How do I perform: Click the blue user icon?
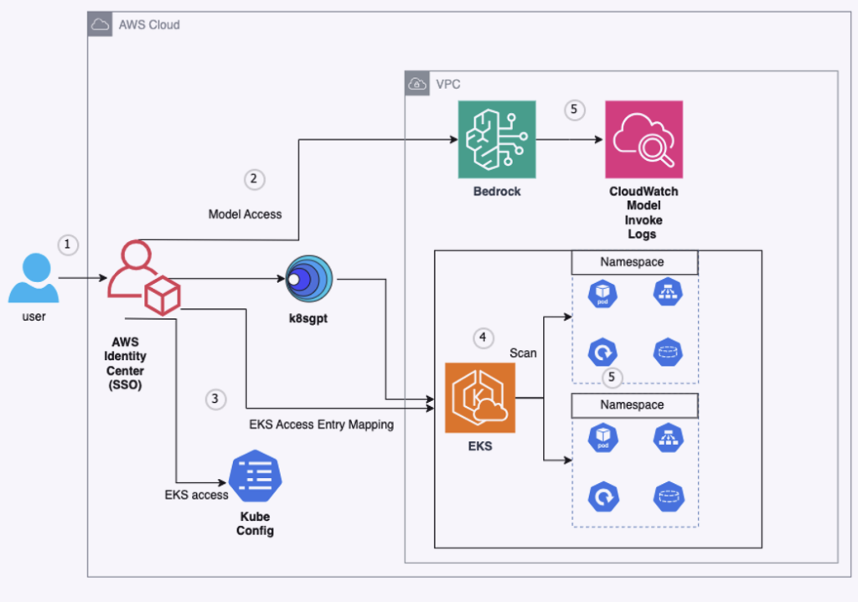[x=34, y=280]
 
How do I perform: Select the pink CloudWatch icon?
[x=643, y=140]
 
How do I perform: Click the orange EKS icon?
[x=480, y=398]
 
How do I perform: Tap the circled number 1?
[x=68, y=244]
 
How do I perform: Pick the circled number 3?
[x=215, y=399]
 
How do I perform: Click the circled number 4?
[x=483, y=338]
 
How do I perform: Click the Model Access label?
[x=245, y=214]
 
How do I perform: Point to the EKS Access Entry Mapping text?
[x=321, y=424]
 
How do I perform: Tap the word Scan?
[x=523, y=353]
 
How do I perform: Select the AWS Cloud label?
[x=149, y=25]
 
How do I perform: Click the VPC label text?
[x=447, y=84]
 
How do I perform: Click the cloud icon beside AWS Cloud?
[x=100, y=25]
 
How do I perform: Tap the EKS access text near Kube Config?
[x=196, y=495]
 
